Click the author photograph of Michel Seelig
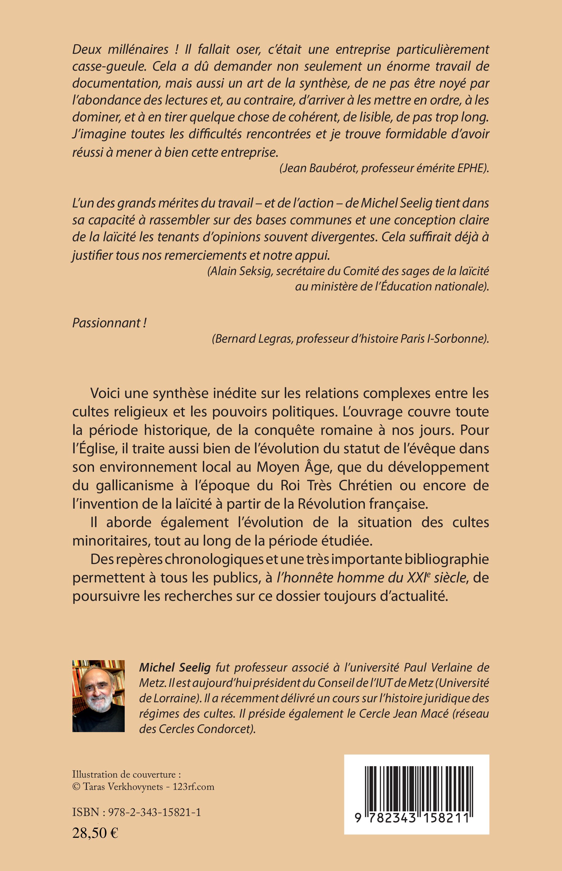[99, 696]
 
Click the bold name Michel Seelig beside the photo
[175, 667]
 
